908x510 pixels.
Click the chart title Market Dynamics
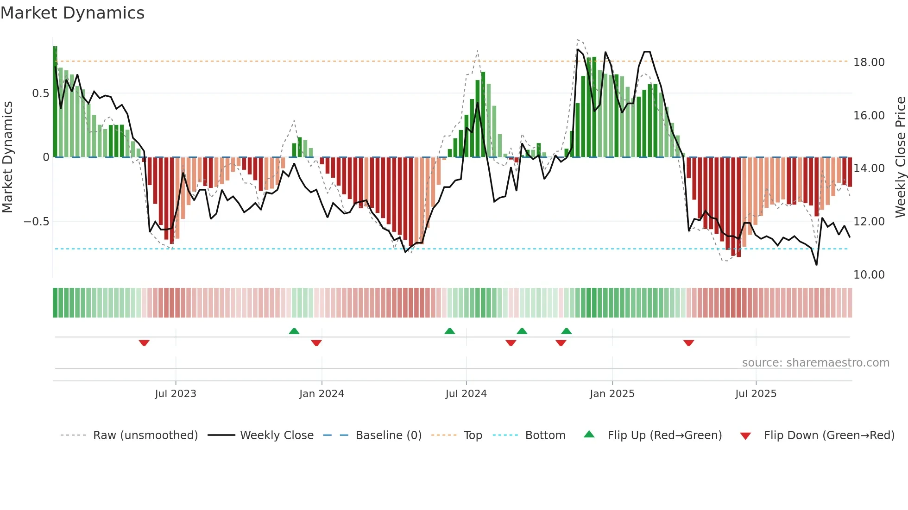72,13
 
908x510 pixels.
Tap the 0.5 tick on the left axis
40,93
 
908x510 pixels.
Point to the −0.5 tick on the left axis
36,222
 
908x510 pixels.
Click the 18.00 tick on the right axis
869,62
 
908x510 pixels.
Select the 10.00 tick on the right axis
869,275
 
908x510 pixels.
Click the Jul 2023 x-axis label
176,394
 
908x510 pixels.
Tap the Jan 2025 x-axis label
612,394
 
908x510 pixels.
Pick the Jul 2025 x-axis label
756,394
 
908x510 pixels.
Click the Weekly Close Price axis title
900,157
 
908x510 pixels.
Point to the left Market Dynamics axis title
7,157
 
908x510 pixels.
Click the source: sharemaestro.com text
815,363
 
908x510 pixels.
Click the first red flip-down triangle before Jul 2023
144,343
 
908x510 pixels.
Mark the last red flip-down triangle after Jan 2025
688,343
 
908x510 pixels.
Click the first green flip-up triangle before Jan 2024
294,331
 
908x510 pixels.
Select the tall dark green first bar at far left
55,102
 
